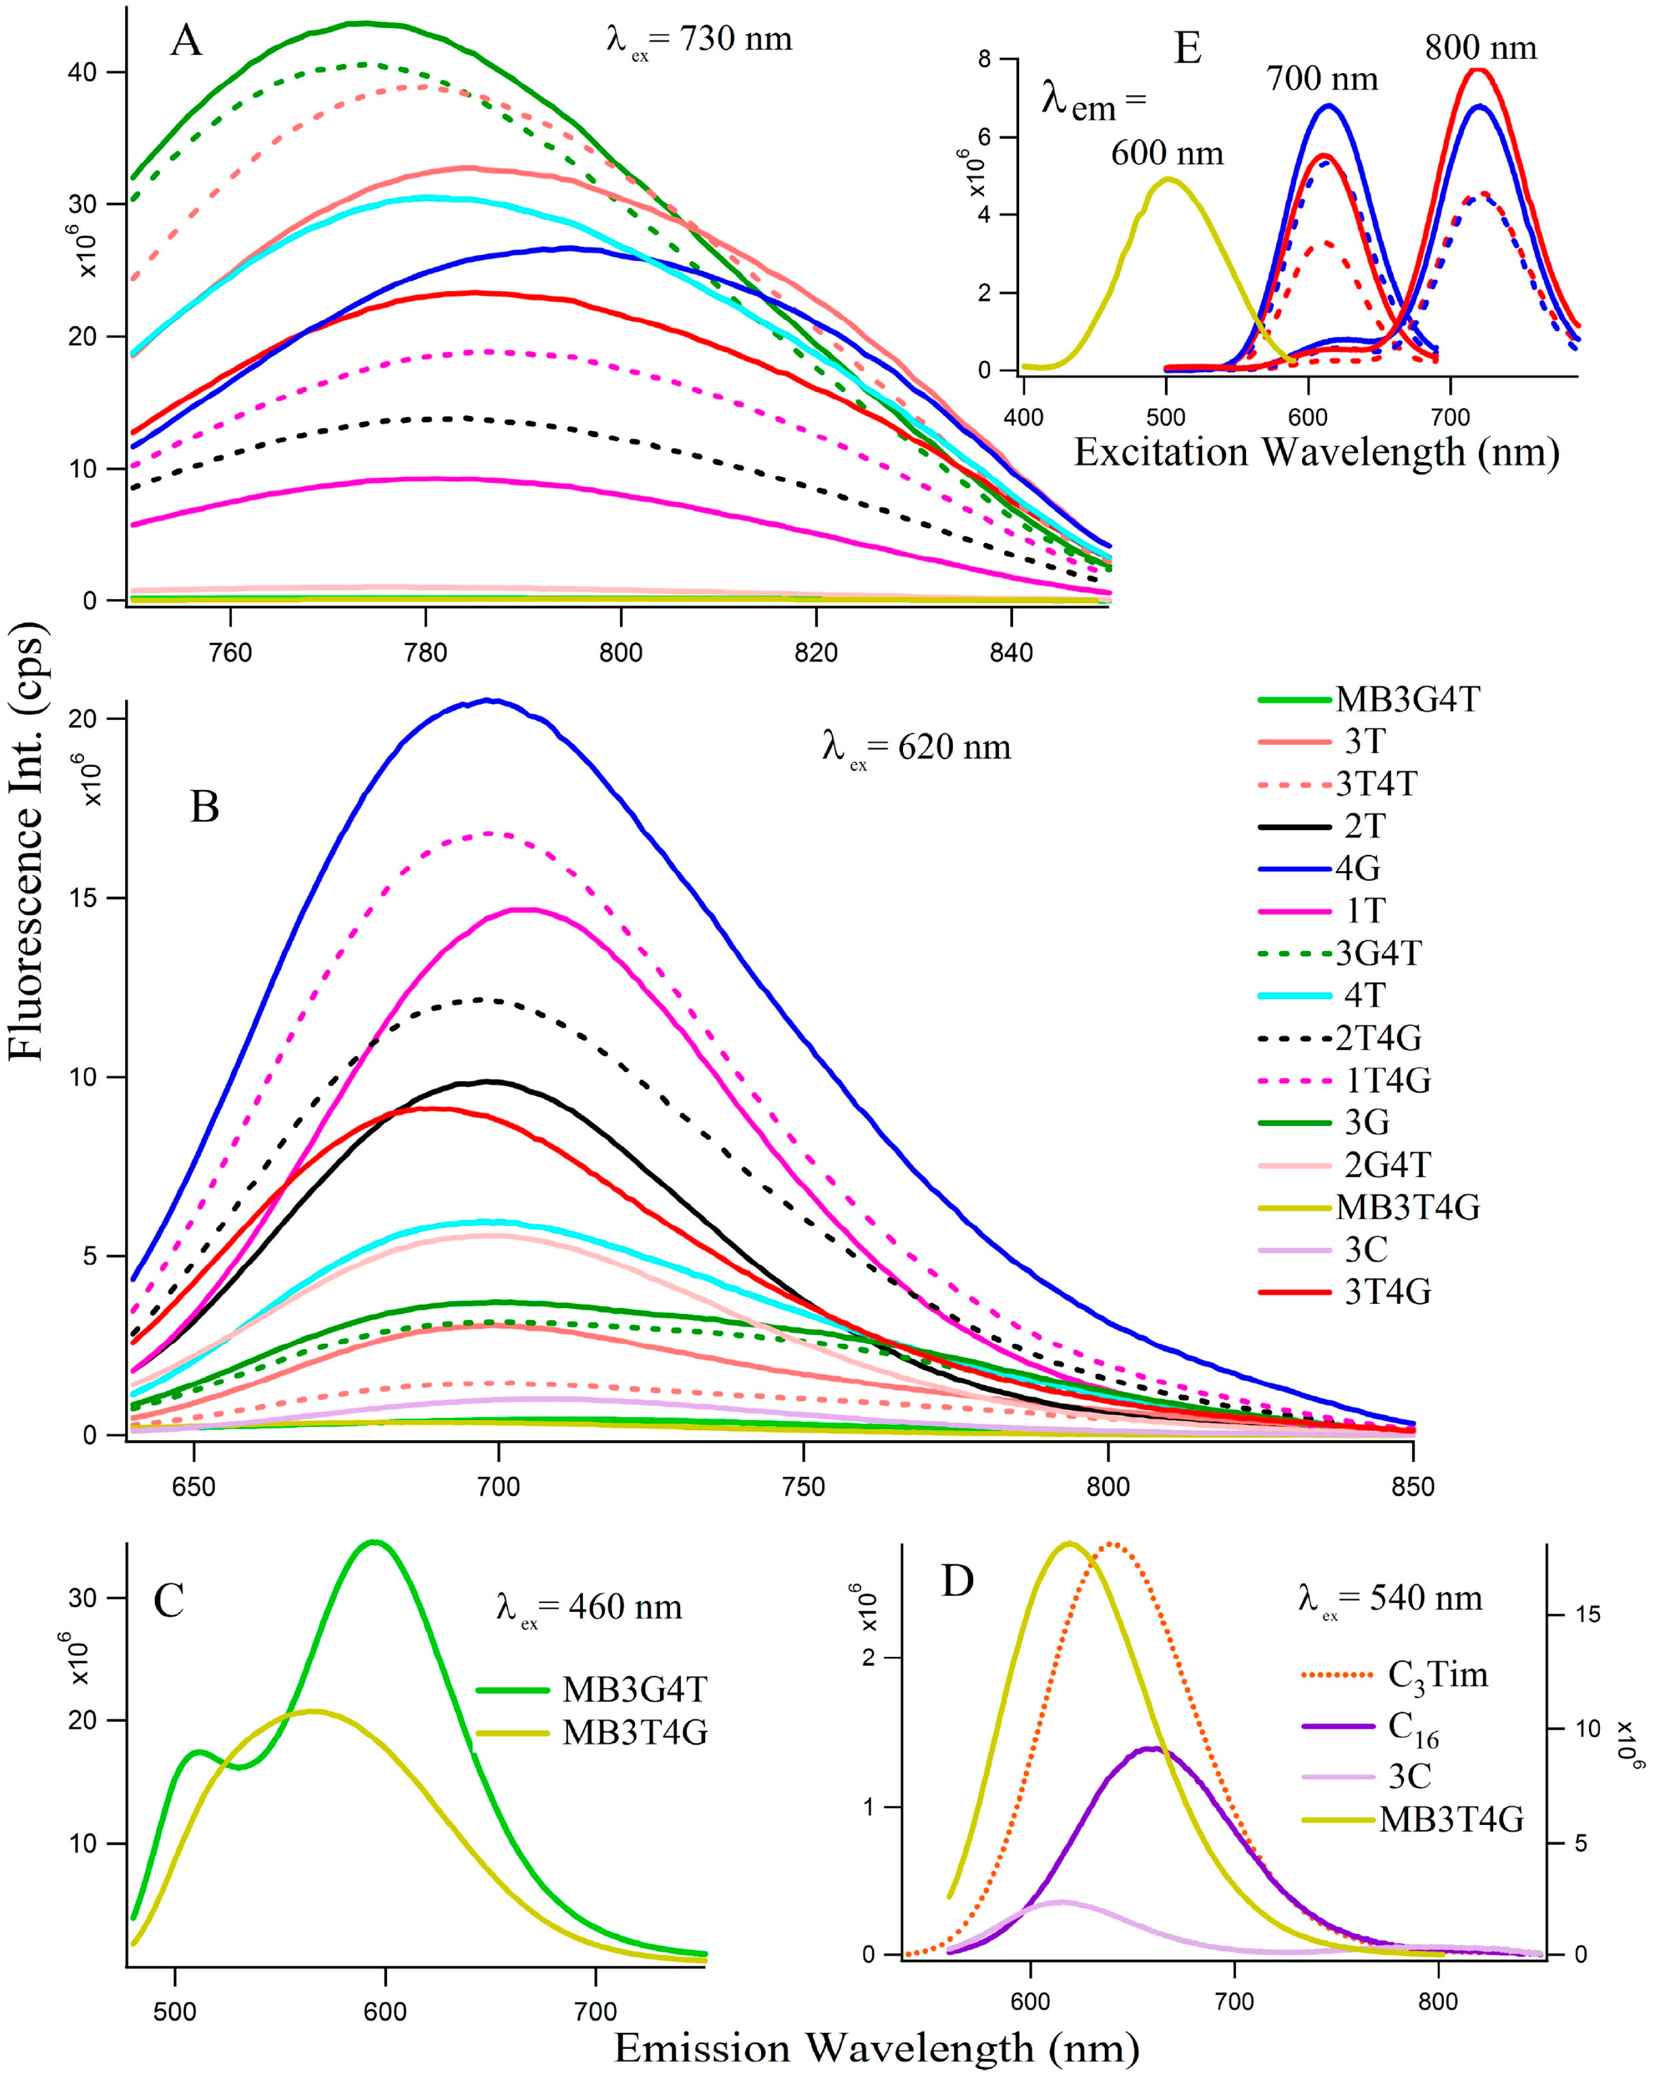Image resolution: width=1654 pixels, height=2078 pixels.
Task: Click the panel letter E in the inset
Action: click(x=1188, y=48)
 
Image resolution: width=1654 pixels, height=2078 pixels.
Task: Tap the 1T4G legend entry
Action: click(x=1387, y=1081)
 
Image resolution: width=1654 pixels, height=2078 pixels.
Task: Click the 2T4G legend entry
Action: click(x=1378, y=1038)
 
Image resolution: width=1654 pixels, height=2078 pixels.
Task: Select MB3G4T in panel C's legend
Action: click(x=635, y=1690)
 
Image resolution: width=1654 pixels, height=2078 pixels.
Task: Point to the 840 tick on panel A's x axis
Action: click(x=1011, y=654)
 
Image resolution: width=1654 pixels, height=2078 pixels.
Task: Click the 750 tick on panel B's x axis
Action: click(x=803, y=1487)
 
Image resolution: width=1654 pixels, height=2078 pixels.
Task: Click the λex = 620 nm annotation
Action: click(x=915, y=748)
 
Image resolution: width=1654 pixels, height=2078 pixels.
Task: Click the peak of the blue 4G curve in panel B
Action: click(x=490, y=701)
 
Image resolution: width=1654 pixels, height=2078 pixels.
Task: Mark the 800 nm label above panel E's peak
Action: click(x=1481, y=48)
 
